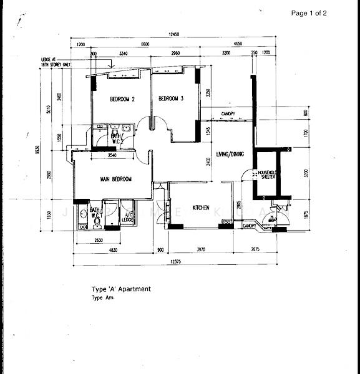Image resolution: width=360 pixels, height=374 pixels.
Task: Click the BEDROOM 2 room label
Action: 122,99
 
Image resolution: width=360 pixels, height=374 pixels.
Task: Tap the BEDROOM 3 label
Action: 170,98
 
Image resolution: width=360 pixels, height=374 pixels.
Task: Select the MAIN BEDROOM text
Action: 116,180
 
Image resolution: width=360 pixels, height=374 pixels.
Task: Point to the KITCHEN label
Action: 201,208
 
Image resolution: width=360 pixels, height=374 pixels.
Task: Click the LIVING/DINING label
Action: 231,153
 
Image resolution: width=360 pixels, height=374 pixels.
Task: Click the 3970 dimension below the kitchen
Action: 201,250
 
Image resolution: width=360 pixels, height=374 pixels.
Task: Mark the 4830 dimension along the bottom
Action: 112,250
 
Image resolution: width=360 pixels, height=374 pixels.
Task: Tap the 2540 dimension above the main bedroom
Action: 112,155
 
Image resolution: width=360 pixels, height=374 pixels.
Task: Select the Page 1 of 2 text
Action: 309,13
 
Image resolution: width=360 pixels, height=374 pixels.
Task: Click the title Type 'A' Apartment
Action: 121,289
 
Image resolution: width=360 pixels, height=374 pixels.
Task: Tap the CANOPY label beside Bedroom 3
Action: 228,113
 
